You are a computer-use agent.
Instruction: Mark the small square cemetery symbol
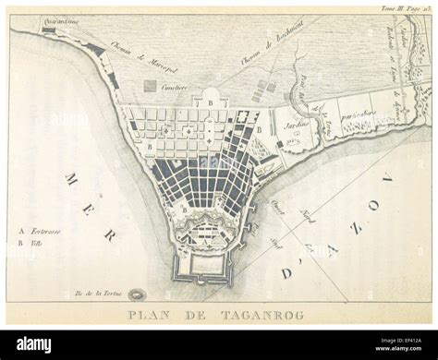click(150, 85)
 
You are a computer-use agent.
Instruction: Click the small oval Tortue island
click(137, 294)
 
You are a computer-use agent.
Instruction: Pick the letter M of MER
click(71, 176)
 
